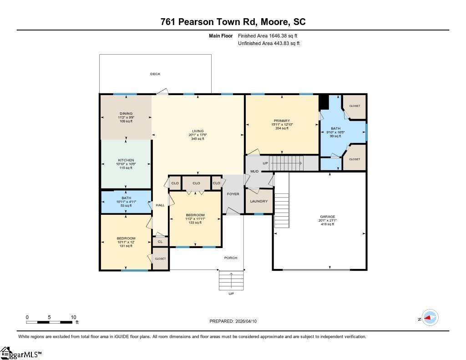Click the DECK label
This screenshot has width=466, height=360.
point(155,74)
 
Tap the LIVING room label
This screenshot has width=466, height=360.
point(198,131)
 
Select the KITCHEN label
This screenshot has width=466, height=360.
point(126,160)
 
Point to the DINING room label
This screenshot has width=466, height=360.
point(126,114)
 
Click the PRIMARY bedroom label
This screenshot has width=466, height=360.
point(282,121)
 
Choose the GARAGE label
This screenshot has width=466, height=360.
point(328,217)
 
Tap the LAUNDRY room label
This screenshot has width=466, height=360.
point(259,201)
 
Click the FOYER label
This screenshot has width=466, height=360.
point(233,194)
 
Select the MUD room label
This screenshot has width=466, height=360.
point(254,171)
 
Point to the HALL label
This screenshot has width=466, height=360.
point(160,205)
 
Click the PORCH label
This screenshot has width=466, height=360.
point(231,258)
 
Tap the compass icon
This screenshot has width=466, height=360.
point(430,318)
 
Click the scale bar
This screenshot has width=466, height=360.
point(49,322)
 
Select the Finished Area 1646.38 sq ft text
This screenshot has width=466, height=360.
point(268,35)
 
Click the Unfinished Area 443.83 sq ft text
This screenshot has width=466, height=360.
point(268,43)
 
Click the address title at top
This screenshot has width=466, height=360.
point(233,22)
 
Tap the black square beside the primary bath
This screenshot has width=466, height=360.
point(324,102)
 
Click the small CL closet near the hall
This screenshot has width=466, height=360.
point(160,242)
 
